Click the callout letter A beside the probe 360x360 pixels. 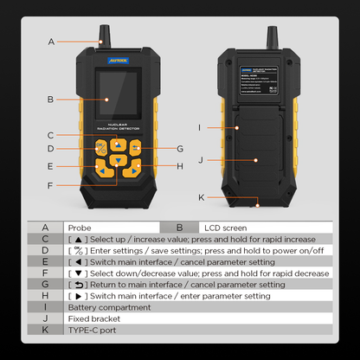[51, 42]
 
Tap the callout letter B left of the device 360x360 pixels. [51, 100]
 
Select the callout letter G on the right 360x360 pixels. [180, 148]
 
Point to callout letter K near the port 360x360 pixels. [201, 197]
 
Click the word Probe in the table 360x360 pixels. [80, 226]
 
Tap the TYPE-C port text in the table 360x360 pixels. [91, 331]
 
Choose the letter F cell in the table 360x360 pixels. [45, 273]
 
